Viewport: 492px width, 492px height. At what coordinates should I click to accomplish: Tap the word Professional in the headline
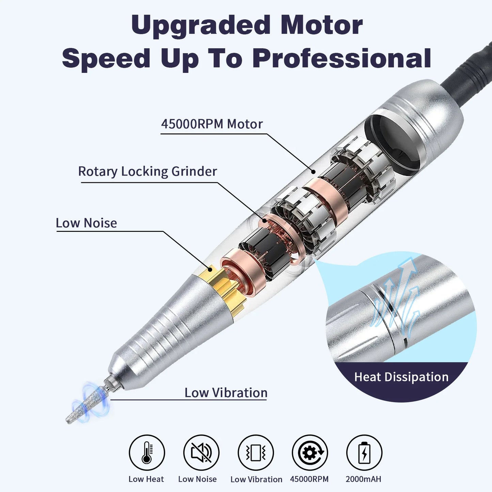pyautogui.click(x=342, y=59)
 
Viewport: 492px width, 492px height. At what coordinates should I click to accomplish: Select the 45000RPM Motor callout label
pyautogui.click(x=212, y=124)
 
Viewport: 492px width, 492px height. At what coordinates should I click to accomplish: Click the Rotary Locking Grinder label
pyautogui.click(x=147, y=172)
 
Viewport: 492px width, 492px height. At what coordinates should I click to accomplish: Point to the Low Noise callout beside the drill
pyautogui.click(x=86, y=223)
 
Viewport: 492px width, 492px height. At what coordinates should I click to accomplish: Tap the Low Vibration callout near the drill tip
pyautogui.click(x=226, y=393)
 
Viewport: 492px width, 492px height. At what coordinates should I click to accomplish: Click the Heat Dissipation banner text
pyautogui.click(x=401, y=377)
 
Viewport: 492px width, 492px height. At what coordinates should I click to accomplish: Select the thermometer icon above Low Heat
pyautogui.click(x=147, y=453)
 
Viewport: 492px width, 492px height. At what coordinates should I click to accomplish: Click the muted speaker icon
pyautogui.click(x=201, y=453)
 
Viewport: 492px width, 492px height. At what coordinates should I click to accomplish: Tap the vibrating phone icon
pyautogui.click(x=256, y=453)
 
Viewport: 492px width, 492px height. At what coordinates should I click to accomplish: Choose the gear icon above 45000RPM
pyautogui.click(x=310, y=453)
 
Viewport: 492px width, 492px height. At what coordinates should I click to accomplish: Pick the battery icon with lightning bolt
pyautogui.click(x=364, y=453)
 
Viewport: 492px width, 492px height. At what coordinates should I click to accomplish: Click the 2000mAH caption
pyautogui.click(x=363, y=479)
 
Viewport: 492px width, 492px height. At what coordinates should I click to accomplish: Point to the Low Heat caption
pyautogui.click(x=146, y=479)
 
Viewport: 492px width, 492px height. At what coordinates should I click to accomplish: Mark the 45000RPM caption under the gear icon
pyautogui.click(x=309, y=479)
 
